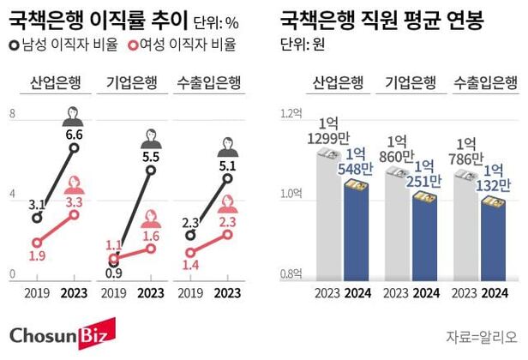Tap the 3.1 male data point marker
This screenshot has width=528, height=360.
click(x=37, y=217)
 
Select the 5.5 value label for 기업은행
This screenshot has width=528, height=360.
click(x=151, y=156)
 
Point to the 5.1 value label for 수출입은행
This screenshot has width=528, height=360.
click(x=227, y=165)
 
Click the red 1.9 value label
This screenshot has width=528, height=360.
click(x=37, y=255)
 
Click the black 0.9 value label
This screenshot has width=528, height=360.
click(x=113, y=274)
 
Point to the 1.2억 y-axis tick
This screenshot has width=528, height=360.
click(x=293, y=113)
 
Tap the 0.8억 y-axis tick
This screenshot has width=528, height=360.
click(x=293, y=274)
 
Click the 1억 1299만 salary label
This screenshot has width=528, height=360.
click(x=326, y=129)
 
